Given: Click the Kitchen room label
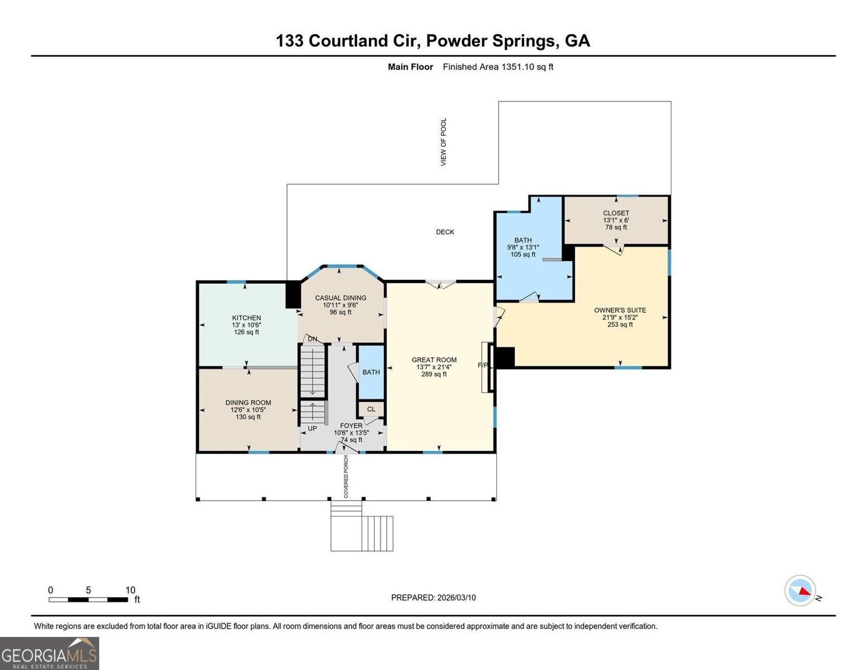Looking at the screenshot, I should (x=246, y=318).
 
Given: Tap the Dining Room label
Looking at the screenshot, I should (x=248, y=403).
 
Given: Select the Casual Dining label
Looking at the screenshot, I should (x=341, y=298).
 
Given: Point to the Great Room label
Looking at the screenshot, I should (x=434, y=360).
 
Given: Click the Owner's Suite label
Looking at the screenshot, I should (x=620, y=310).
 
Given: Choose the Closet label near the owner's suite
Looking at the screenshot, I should (x=616, y=213).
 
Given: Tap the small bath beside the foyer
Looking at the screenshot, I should (x=371, y=372).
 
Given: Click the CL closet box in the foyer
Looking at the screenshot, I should (x=371, y=409).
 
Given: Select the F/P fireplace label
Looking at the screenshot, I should (x=483, y=366).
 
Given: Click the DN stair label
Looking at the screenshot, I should (x=313, y=339).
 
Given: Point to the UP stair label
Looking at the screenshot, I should (x=312, y=429).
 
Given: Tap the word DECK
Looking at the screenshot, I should (x=445, y=232).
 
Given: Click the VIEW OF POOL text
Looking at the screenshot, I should (x=444, y=142).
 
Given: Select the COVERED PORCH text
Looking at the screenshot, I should (x=346, y=476).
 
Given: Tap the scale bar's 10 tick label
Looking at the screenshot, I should (x=130, y=590).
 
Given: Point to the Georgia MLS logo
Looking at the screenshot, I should (x=49, y=653).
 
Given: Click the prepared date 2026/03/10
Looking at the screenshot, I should (x=456, y=597).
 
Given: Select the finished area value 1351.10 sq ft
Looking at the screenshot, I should (x=498, y=67).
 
